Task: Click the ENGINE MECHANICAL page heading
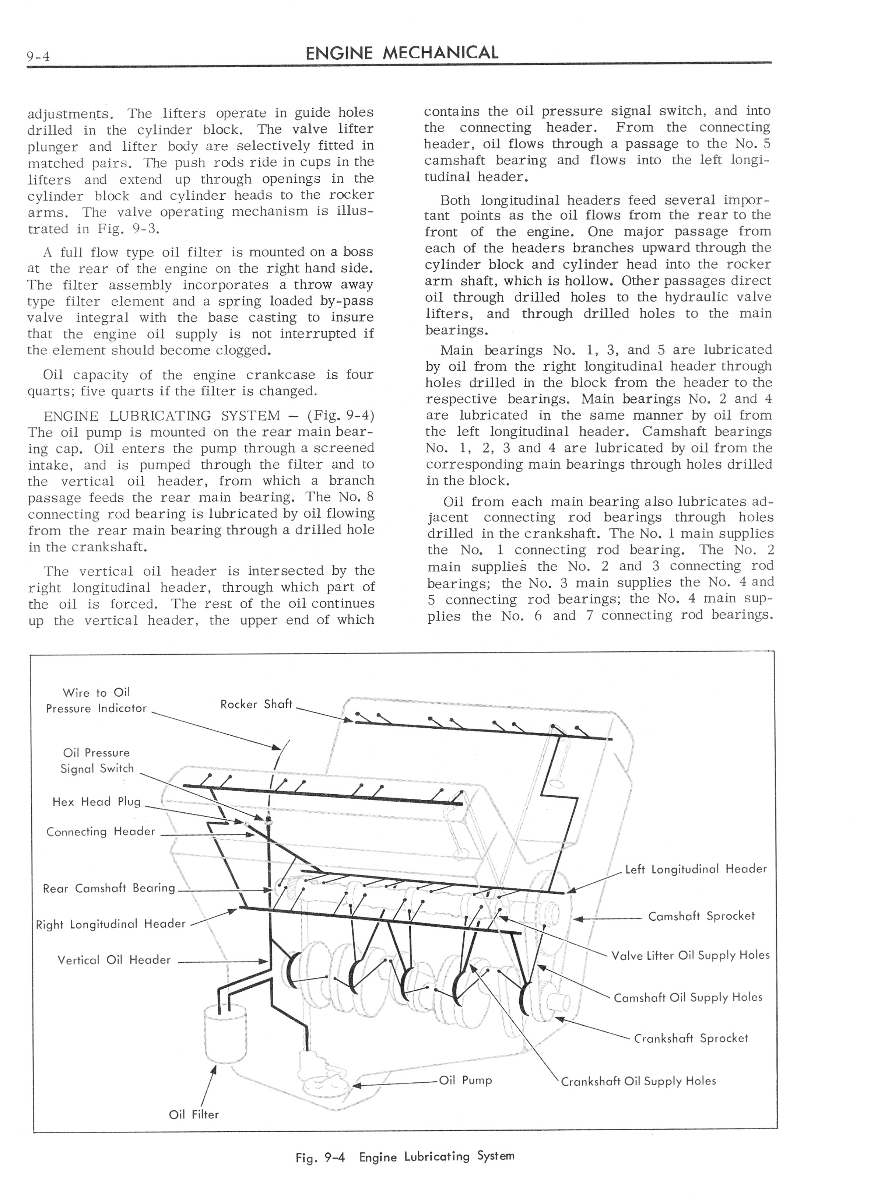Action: point(402,52)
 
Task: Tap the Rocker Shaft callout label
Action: point(256,704)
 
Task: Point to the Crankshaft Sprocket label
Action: point(691,1038)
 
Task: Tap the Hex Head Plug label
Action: point(96,802)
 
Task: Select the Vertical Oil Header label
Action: point(114,960)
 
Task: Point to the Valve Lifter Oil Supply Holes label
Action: point(690,955)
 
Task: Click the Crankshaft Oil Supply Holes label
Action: point(638,1081)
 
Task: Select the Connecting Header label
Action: point(101,831)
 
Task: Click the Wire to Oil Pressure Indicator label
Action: point(96,700)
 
